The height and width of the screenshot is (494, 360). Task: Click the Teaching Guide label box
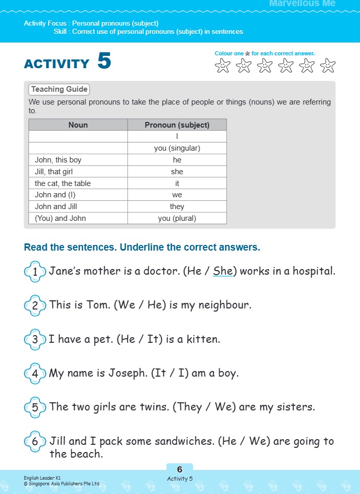click(x=59, y=89)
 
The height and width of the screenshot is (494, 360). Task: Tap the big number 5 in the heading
click(x=104, y=61)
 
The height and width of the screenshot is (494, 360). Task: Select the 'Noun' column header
click(x=78, y=125)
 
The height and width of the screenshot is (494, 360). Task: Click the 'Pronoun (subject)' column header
click(x=177, y=125)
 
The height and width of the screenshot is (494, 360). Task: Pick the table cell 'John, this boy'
click(x=58, y=160)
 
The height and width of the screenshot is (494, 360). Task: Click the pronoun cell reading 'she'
click(x=177, y=172)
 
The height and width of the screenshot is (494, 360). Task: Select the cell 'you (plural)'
click(x=177, y=218)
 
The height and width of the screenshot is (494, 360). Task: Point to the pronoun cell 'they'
click(x=177, y=207)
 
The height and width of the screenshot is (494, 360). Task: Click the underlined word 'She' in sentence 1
click(x=223, y=271)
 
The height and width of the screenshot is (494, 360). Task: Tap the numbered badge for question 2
click(x=35, y=306)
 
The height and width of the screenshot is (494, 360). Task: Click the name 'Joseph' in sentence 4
click(x=127, y=373)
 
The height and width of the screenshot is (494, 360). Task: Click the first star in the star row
click(x=223, y=66)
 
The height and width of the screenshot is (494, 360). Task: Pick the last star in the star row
click(x=327, y=66)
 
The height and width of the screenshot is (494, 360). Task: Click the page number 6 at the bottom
click(x=179, y=469)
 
